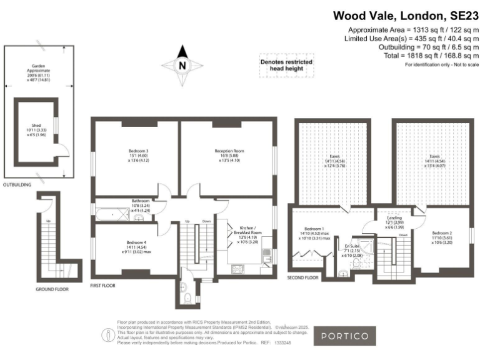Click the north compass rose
(x=182, y=64)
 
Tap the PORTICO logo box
(x=344, y=336)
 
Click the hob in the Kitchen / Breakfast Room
(x=238, y=269)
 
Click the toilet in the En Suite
(x=343, y=271)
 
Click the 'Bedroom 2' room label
(x=441, y=234)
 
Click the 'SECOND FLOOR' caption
(x=303, y=277)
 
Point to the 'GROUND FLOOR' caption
(x=52, y=289)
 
